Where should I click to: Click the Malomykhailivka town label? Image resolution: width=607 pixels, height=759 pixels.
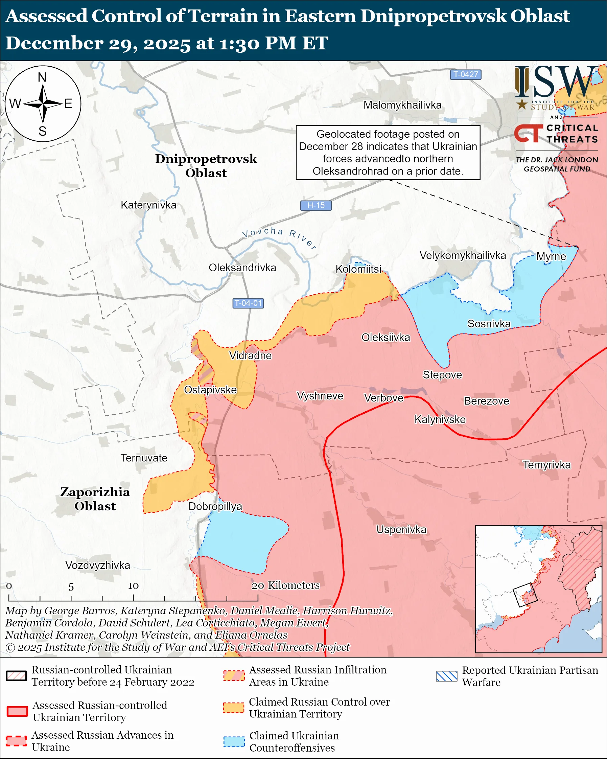click(x=402, y=105)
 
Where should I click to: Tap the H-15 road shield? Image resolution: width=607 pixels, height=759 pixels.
click(x=316, y=205)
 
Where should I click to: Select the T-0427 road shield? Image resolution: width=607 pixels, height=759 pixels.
click(x=466, y=75)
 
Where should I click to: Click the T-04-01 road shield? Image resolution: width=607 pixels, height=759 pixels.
click(x=248, y=303)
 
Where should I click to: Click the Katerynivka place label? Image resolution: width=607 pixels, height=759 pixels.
click(x=148, y=205)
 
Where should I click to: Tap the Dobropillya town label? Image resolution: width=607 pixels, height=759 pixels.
click(x=215, y=506)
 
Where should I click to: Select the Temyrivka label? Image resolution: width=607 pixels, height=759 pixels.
click(x=546, y=465)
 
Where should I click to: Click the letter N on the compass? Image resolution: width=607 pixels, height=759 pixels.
click(x=42, y=77)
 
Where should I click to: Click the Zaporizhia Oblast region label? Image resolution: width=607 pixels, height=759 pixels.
click(x=95, y=499)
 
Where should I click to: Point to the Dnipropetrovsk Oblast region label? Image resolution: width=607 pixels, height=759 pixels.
click(x=206, y=166)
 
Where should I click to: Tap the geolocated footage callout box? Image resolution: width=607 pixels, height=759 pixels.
click(x=388, y=153)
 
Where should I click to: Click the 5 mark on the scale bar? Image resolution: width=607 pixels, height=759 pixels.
click(x=71, y=587)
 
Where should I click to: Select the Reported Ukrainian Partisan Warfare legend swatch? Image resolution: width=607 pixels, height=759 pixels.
click(x=446, y=676)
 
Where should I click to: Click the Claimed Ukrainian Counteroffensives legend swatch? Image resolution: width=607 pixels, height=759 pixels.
click(x=234, y=742)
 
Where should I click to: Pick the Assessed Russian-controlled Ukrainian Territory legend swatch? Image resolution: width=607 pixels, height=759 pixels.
click(x=17, y=711)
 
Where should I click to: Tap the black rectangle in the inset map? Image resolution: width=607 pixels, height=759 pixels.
click(x=525, y=595)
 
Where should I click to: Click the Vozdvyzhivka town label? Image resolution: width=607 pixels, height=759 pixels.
click(x=98, y=566)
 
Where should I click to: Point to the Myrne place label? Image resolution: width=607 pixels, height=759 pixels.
click(x=551, y=257)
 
